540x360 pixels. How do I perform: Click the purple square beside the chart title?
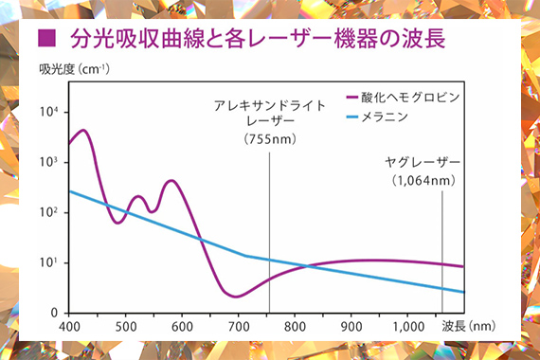[x=46, y=38]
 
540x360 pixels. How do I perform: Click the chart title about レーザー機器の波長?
[x=258, y=38]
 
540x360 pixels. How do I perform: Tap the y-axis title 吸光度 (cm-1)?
[x=75, y=69]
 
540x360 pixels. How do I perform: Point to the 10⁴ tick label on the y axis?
[x=48, y=112]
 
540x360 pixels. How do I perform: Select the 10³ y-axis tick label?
[x=48, y=162]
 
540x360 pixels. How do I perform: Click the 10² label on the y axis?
[x=48, y=212]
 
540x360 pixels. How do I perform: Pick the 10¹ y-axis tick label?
[x=48, y=262]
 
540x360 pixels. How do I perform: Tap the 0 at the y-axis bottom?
[x=54, y=313]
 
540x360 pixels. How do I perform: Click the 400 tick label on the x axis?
[x=69, y=327]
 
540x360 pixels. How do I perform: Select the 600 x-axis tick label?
[x=182, y=327]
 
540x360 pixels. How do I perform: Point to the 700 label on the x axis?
[x=239, y=327]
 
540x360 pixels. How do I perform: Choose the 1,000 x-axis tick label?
[x=408, y=327]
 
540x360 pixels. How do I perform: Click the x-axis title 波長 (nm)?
[x=469, y=326]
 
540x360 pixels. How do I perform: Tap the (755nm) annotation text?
[x=270, y=139]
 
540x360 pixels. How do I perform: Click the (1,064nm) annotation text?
[x=423, y=180]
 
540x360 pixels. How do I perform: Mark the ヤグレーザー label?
[x=423, y=162]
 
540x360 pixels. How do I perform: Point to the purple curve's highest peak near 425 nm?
[x=83, y=130]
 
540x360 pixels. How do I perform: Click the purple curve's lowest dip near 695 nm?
[x=236, y=297]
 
